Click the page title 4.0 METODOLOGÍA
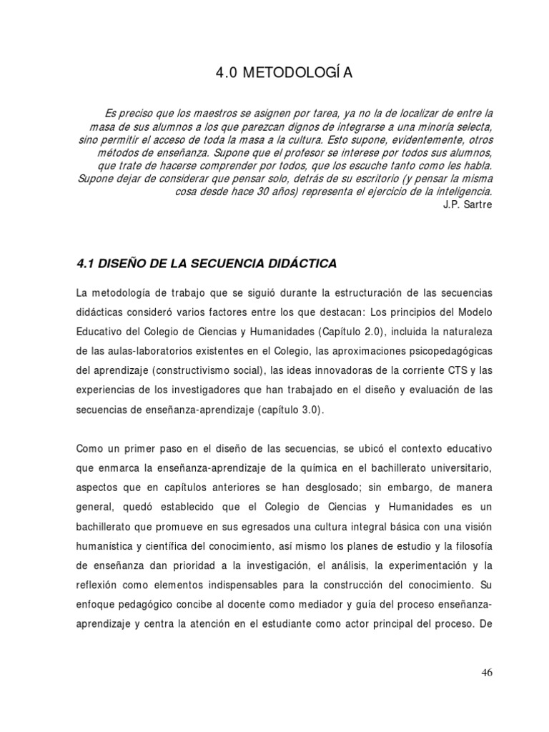click(x=274, y=73)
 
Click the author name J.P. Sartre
click(x=468, y=204)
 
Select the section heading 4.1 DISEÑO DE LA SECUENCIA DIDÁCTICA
click(x=206, y=264)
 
